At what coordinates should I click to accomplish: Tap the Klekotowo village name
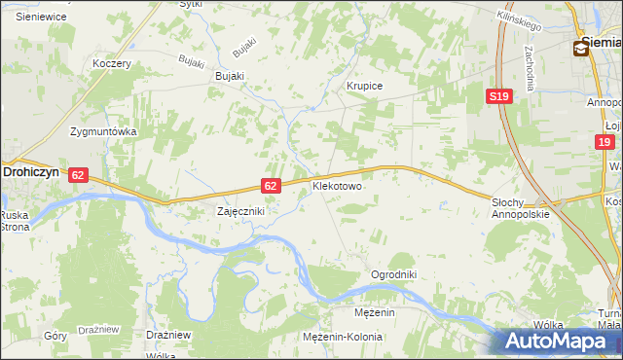(x=337, y=184)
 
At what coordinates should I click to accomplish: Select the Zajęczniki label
(x=239, y=210)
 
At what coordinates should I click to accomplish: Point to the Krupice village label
(x=365, y=86)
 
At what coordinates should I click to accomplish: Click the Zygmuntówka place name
(x=103, y=130)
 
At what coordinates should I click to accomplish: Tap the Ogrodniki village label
(x=393, y=275)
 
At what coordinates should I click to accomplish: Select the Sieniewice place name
(x=40, y=17)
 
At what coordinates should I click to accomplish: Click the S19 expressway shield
(x=499, y=95)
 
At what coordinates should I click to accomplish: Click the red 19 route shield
(x=605, y=143)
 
